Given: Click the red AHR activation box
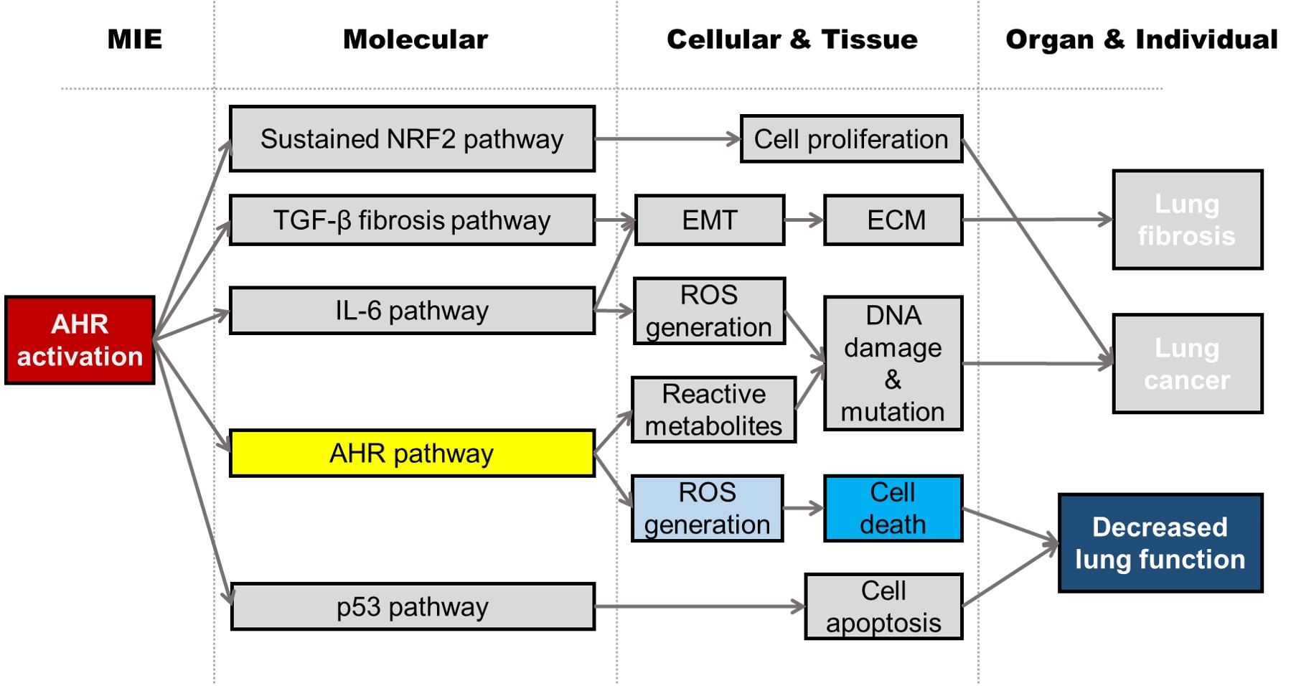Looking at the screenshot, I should [x=80, y=340].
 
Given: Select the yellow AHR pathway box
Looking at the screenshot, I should [x=412, y=454].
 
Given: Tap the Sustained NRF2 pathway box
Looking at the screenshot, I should [x=412, y=139].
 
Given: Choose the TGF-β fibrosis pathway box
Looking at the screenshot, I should [x=412, y=220].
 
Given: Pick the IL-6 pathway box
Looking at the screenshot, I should [x=412, y=311].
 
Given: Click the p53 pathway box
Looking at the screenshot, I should [x=413, y=607].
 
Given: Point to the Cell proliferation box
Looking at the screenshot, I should [x=851, y=139].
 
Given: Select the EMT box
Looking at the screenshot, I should [x=710, y=220].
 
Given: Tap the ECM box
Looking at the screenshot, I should [x=893, y=220].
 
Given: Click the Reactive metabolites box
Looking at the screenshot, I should [x=713, y=410].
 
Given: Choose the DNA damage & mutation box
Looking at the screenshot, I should [x=893, y=364].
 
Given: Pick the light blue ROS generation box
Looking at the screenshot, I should [x=707, y=508].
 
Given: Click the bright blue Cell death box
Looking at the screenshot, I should [x=893, y=508].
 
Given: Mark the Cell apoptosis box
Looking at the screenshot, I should [x=883, y=607].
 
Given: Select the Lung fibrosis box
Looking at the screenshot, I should [x=1188, y=220].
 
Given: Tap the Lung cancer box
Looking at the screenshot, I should [x=1188, y=364].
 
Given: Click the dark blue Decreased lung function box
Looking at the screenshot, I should [x=1160, y=543].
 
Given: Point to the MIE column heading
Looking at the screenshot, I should [x=135, y=39].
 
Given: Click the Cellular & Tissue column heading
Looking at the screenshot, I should [x=792, y=39].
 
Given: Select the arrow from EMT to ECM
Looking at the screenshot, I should [x=804, y=220].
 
